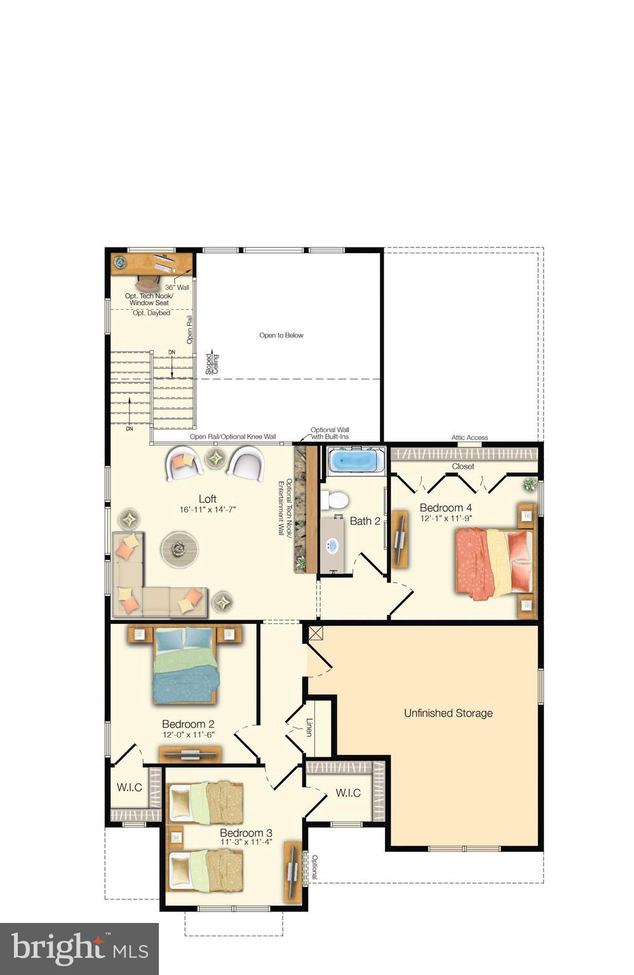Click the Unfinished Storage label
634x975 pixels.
point(448,713)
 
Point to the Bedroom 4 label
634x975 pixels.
point(446,508)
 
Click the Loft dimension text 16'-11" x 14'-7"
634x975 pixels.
point(208,509)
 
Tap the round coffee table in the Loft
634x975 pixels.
point(179,548)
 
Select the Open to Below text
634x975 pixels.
point(281,335)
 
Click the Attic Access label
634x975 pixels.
point(469,437)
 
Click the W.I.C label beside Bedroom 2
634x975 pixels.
point(130,788)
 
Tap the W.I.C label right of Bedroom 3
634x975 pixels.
point(348,793)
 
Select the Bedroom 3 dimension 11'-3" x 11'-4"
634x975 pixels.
point(246,842)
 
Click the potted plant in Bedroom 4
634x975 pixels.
point(529,485)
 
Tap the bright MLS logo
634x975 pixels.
point(79,948)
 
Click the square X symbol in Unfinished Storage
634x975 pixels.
point(316,633)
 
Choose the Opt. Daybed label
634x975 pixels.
point(151,313)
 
